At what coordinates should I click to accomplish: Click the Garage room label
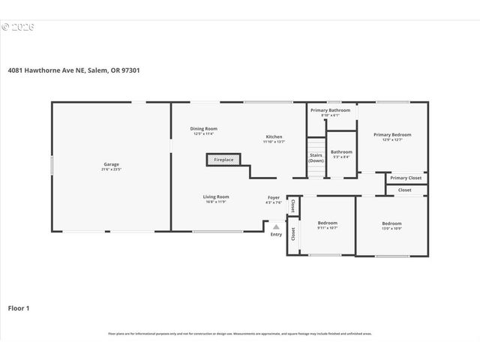pyautogui.click(x=111, y=164)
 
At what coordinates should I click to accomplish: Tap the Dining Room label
pyautogui.click(x=203, y=129)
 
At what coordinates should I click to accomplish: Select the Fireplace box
pyautogui.click(x=223, y=160)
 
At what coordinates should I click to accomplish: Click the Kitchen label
pyautogui.click(x=273, y=136)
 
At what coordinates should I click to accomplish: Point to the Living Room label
pyautogui.click(x=217, y=196)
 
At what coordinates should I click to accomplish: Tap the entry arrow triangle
pyautogui.click(x=276, y=226)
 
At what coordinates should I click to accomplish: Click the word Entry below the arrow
pyautogui.click(x=276, y=235)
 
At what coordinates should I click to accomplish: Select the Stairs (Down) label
pyautogui.click(x=316, y=157)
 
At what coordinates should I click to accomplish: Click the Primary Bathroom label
pyautogui.click(x=331, y=110)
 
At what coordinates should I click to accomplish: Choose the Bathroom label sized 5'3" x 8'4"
pyautogui.click(x=341, y=152)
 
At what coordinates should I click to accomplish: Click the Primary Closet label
pyautogui.click(x=406, y=178)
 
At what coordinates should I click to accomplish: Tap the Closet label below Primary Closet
pyautogui.click(x=405, y=190)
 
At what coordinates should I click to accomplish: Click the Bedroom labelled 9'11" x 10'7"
pyautogui.click(x=327, y=223)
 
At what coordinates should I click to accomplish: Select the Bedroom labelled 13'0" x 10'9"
pyautogui.click(x=391, y=223)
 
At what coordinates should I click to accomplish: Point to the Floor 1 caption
pyautogui.click(x=19, y=307)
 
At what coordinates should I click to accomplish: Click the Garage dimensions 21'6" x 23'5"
pyautogui.click(x=111, y=169)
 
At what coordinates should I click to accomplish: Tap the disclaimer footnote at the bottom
pyautogui.click(x=240, y=334)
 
